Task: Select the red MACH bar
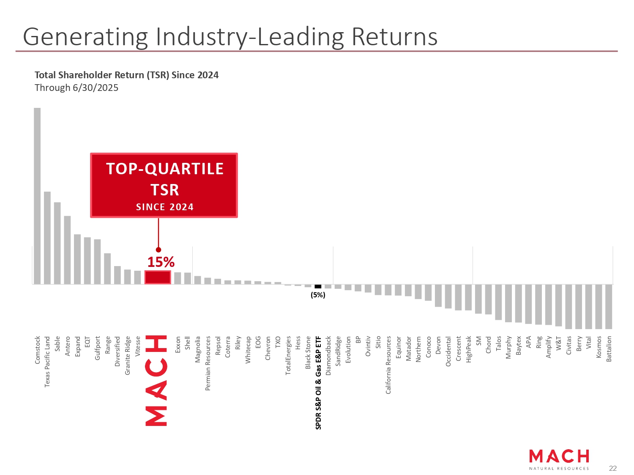coord(158,277)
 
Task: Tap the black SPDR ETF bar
coord(318,286)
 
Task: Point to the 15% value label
coord(161,262)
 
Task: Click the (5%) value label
coord(318,295)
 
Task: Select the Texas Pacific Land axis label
coord(47,362)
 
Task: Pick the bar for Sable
coord(57,243)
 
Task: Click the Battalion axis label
coord(609,349)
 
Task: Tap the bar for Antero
coord(67,250)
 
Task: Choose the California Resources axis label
coord(388,365)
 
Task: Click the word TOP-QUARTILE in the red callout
coord(165,169)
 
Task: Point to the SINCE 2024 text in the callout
coord(165,207)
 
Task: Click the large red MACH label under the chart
coord(156,380)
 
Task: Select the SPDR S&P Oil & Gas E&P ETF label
coord(319,383)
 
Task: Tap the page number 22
coord(612,468)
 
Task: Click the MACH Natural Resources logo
coord(559,459)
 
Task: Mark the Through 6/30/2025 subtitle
coord(77,88)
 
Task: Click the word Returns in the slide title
coord(394,37)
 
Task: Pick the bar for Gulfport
coord(97,262)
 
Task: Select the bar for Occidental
coord(448,297)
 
